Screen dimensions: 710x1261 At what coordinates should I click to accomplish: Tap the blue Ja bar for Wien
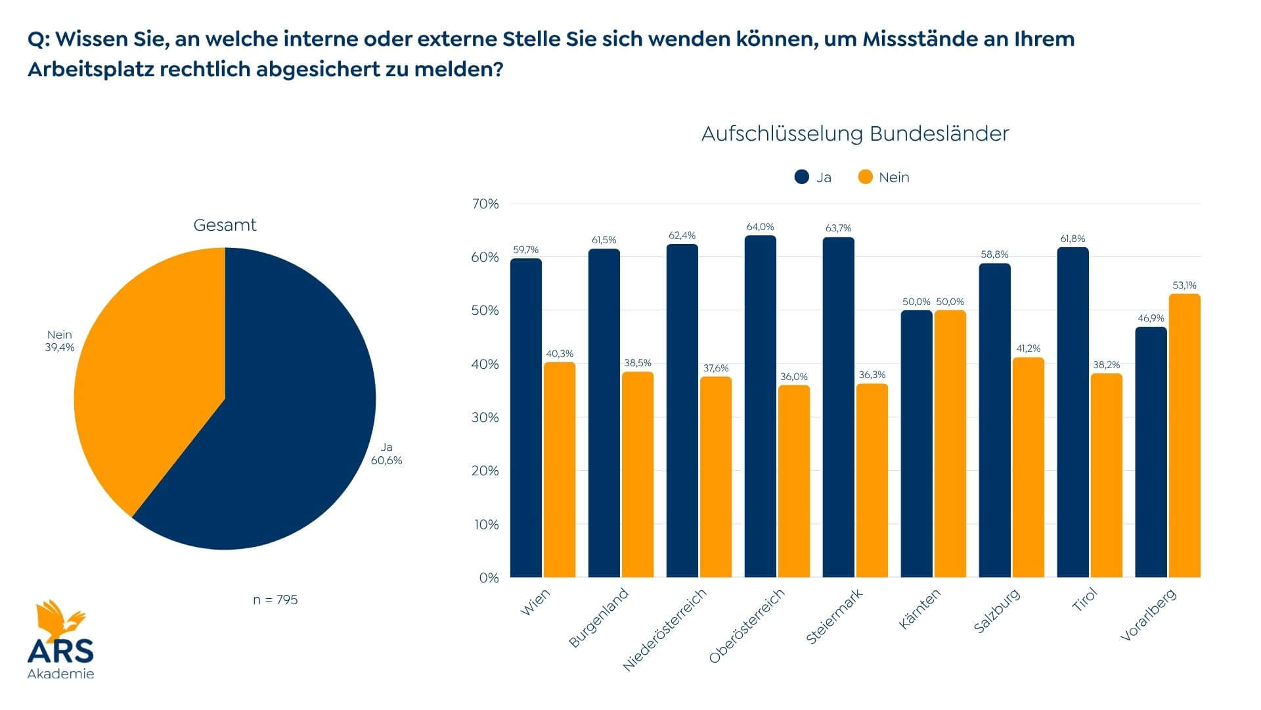pyautogui.click(x=526, y=421)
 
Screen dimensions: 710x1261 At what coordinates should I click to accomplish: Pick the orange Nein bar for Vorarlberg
pyautogui.click(x=1184, y=437)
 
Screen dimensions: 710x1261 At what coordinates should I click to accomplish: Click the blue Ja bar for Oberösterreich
pyautogui.click(x=760, y=408)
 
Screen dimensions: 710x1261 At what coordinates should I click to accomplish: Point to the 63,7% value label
pyautogui.click(x=838, y=228)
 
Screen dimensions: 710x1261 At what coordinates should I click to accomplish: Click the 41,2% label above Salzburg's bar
pyautogui.click(x=1029, y=348)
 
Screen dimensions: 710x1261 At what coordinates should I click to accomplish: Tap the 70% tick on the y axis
pyautogui.click(x=485, y=204)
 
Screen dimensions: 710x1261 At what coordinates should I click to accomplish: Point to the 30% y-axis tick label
pyautogui.click(x=485, y=417)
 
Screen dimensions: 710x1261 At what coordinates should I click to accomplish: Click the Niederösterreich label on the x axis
pyautogui.click(x=665, y=629)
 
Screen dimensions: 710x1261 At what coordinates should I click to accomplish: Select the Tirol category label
pyautogui.click(x=1085, y=600)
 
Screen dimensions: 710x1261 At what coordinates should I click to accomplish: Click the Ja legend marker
pyautogui.click(x=802, y=177)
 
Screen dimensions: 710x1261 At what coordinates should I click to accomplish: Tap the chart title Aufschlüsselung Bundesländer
pyautogui.click(x=855, y=133)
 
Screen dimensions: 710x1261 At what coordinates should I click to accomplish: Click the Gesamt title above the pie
pyautogui.click(x=225, y=225)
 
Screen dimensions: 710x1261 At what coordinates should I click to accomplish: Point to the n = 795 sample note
pyautogui.click(x=275, y=600)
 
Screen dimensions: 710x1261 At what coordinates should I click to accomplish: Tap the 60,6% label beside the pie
pyautogui.click(x=386, y=461)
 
